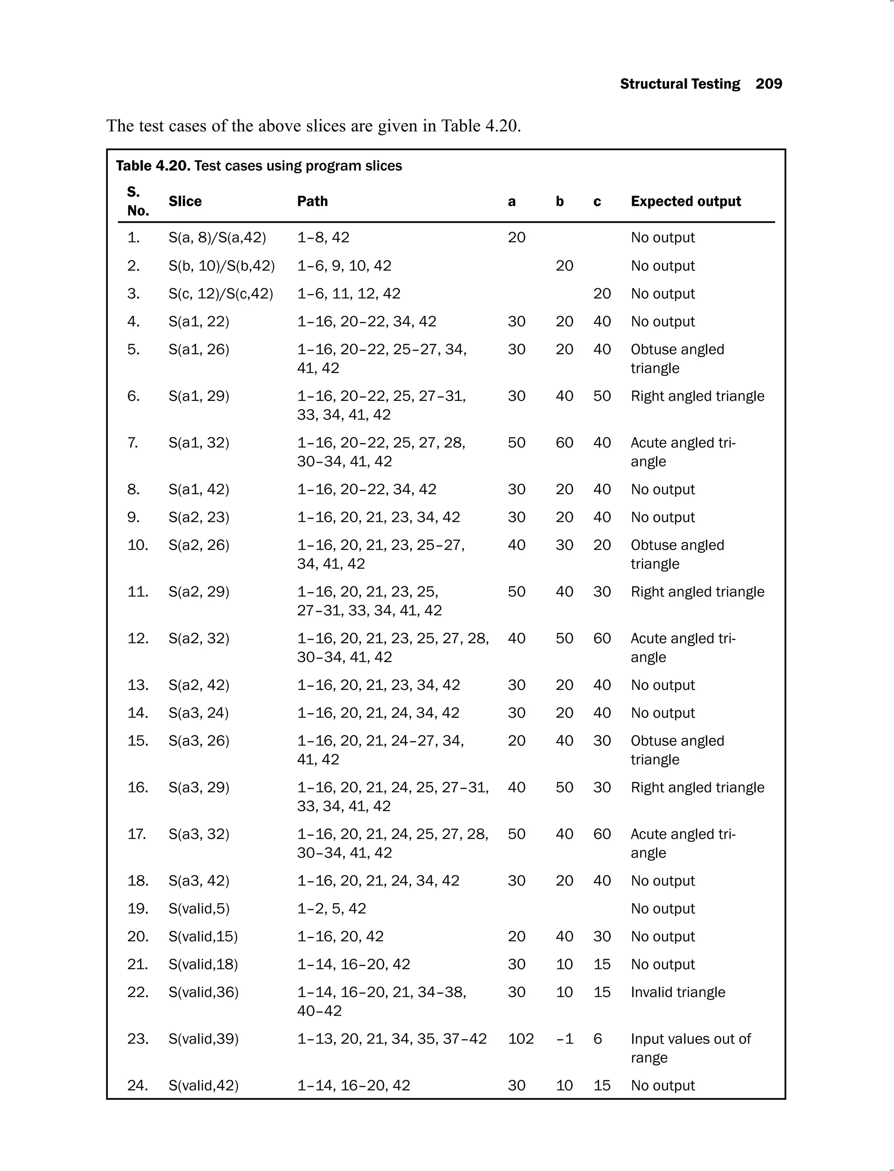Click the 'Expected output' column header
click(x=685, y=201)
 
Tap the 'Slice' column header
click(x=185, y=201)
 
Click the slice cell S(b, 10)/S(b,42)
click(x=221, y=265)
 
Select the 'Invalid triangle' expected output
click(x=677, y=992)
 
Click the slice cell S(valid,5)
click(x=199, y=909)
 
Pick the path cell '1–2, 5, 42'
click(x=331, y=909)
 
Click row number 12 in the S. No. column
click(x=138, y=638)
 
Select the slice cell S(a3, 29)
click(x=199, y=787)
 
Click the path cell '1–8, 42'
click(x=323, y=238)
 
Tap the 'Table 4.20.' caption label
click(x=153, y=166)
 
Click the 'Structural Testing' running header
click(x=680, y=84)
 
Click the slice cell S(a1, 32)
click(x=199, y=443)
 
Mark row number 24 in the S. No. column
click(x=138, y=1085)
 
